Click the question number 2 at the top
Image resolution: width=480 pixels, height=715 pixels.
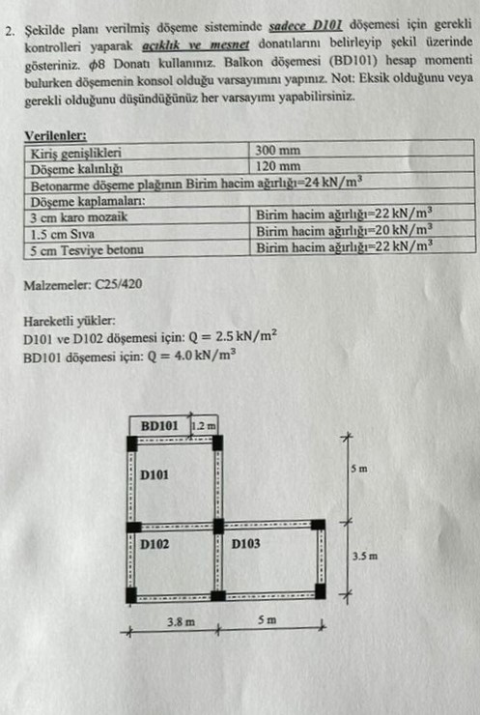pyautogui.click(x=8, y=29)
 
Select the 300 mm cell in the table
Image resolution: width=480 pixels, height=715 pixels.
pyautogui.click(x=279, y=151)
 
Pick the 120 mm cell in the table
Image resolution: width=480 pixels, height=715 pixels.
pyautogui.click(x=279, y=166)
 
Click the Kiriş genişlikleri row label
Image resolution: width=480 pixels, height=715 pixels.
pyautogui.click(x=76, y=152)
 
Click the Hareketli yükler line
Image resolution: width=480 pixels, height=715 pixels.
pyautogui.click(x=71, y=321)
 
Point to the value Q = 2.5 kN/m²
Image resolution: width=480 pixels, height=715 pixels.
pyautogui.click(x=234, y=337)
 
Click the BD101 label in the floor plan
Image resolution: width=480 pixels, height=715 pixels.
pyautogui.click(x=158, y=425)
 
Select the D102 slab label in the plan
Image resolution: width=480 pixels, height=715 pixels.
pyautogui.click(x=155, y=544)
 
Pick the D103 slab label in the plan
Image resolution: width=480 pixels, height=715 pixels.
pyautogui.click(x=246, y=544)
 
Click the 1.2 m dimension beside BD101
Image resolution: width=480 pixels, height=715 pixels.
pyautogui.click(x=204, y=425)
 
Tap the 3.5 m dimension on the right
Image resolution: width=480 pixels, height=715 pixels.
pyautogui.click(x=363, y=557)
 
